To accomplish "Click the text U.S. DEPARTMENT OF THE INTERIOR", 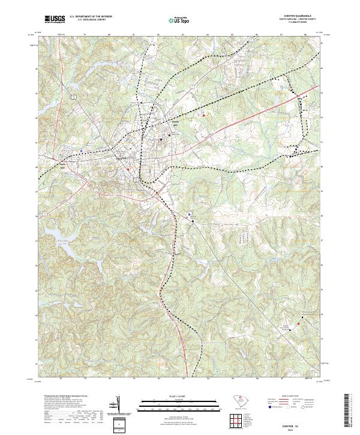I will (x=91, y=17).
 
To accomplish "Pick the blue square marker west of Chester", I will (x=82, y=151).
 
